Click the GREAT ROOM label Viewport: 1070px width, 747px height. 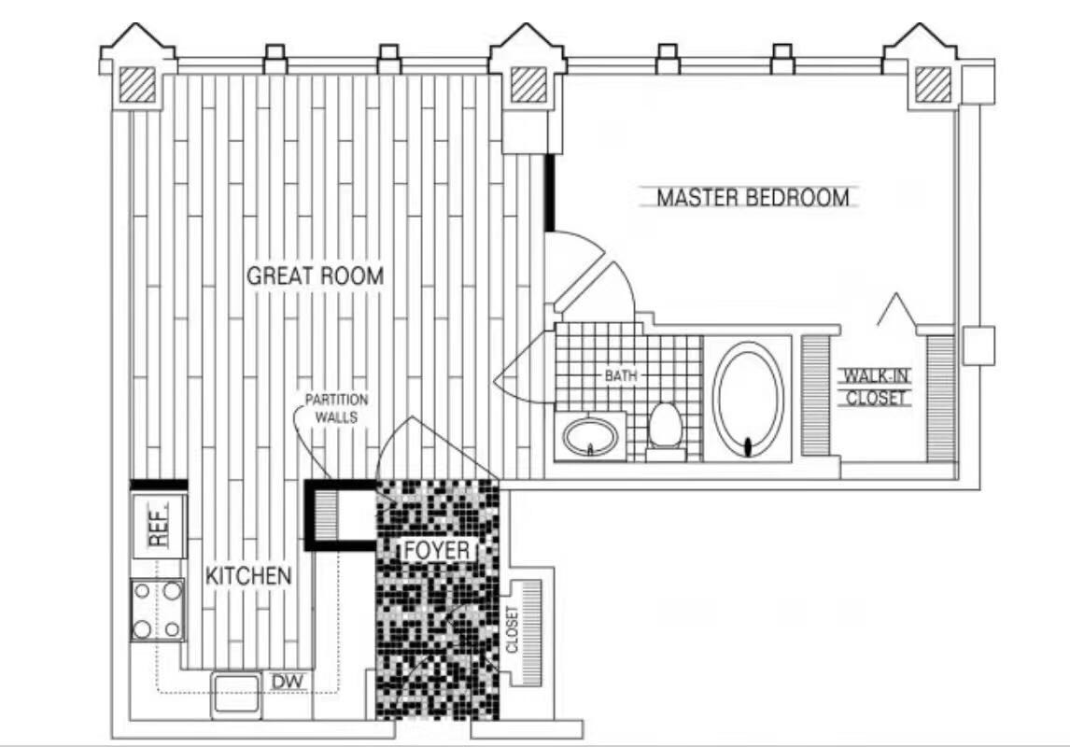315,275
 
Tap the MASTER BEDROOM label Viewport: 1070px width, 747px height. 753,198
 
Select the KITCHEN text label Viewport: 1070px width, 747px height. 248,575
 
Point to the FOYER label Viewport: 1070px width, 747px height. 437,550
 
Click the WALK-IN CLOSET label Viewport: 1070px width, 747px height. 876,387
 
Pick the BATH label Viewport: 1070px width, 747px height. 621,375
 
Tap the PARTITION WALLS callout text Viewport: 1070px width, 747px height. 336,408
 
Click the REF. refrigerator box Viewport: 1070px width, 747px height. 159,526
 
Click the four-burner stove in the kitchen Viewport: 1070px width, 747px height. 158,609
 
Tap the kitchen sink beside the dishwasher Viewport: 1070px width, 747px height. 235,695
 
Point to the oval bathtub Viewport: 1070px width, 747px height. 748,399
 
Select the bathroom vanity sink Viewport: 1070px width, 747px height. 590,435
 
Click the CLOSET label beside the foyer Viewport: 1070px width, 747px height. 512,629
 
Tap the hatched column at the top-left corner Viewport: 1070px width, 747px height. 138,85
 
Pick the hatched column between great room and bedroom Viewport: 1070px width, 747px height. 528,85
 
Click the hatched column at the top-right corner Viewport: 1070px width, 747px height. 933,85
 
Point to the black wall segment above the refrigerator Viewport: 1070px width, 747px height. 159,485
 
